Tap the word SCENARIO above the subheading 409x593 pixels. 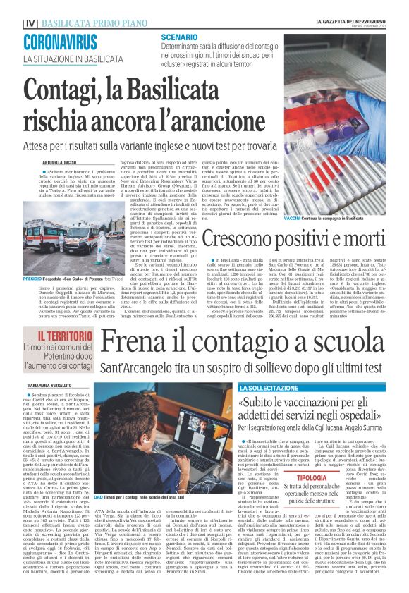(x=178, y=36)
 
